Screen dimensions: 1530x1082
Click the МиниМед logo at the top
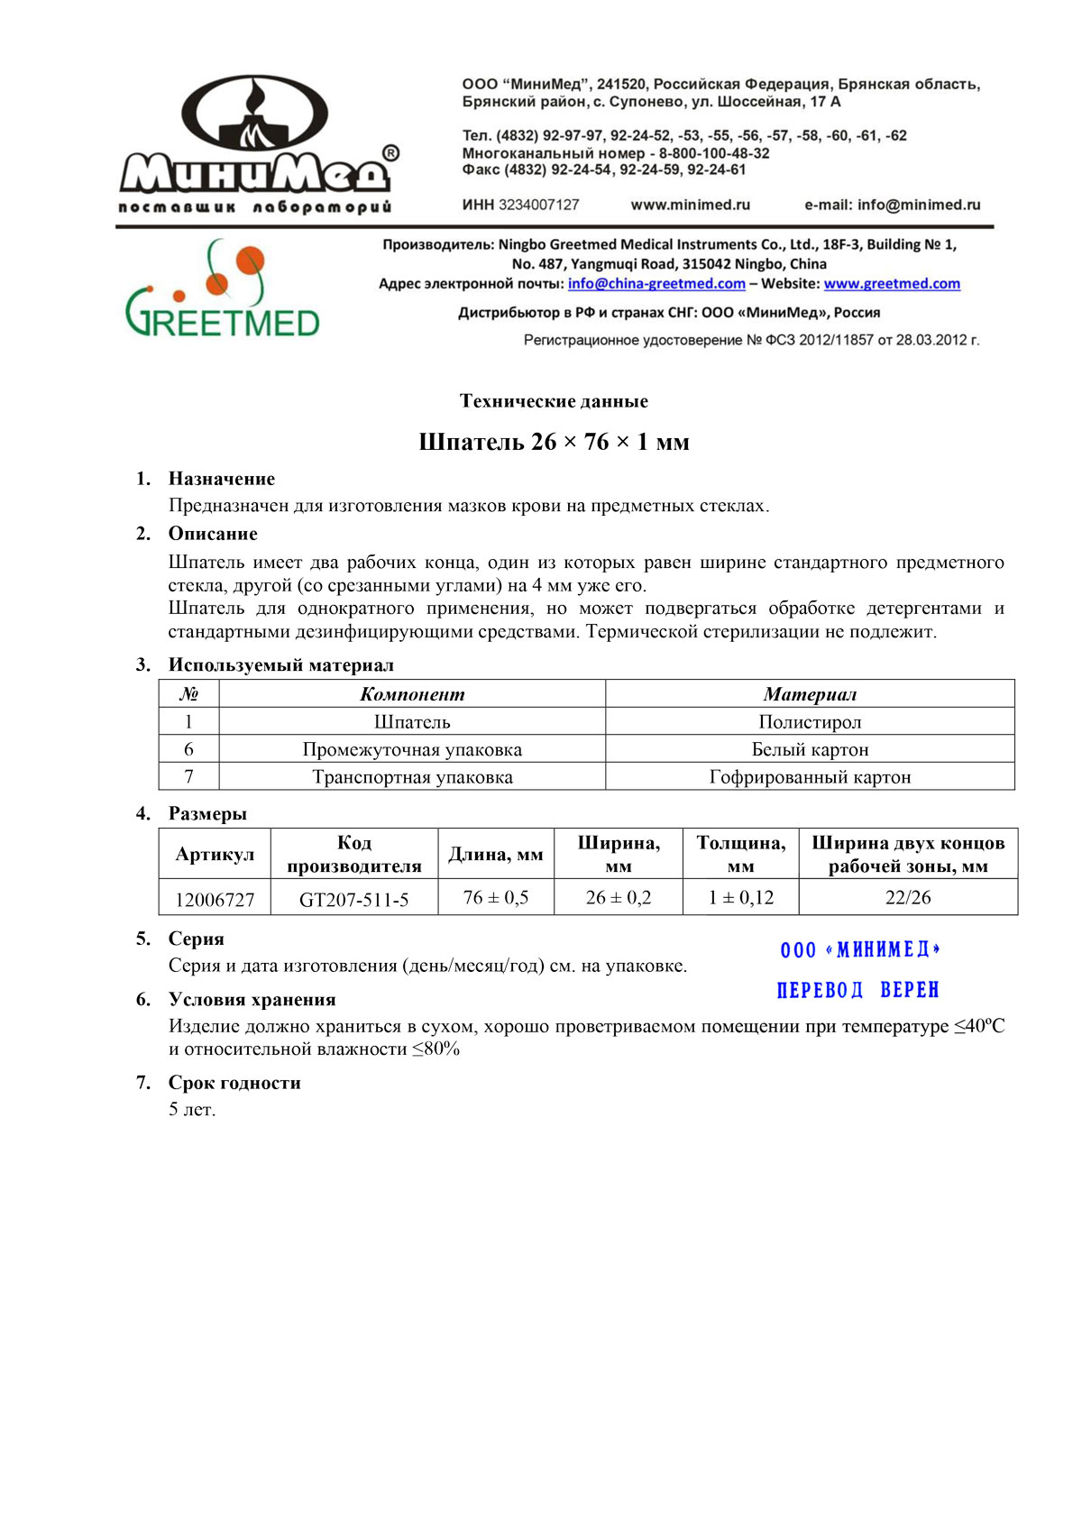[256, 144]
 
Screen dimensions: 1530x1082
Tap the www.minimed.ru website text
[690, 205]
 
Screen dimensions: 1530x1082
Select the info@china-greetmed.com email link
[656, 284]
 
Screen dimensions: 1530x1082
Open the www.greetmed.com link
[892, 284]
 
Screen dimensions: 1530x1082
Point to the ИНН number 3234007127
[538, 205]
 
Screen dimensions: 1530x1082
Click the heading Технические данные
[554, 401]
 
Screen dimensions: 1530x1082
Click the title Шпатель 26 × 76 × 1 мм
[554, 442]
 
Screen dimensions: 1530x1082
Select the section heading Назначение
[221, 479]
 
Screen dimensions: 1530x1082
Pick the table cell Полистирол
[810, 722]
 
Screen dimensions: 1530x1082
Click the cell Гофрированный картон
[810, 777]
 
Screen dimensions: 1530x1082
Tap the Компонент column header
[412, 694]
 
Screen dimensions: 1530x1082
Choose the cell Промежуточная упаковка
[412, 750]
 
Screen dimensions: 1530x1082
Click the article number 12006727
[215, 900]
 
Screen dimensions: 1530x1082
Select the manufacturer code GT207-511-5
[353, 900]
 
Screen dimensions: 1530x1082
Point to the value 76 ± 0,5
[496, 898]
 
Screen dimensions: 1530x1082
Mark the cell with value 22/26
[908, 898]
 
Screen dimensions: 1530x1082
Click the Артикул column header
[215, 855]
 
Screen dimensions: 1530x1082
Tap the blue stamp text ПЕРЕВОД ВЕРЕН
[857, 990]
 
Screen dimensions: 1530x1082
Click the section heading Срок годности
[234, 1083]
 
